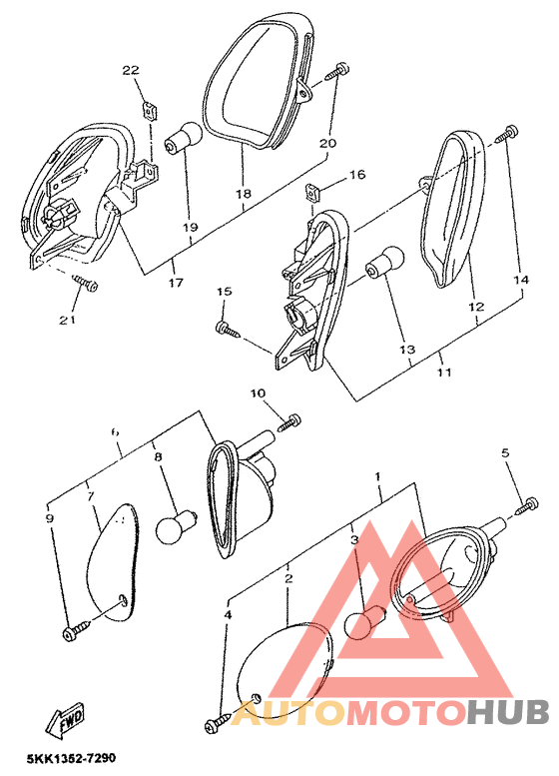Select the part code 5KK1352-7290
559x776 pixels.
pyautogui.click(x=71, y=758)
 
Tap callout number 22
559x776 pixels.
pyautogui.click(x=131, y=70)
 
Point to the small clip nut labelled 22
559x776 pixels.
pyautogui.click(x=149, y=111)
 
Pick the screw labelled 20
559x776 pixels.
pyautogui.click(x=335, y=71)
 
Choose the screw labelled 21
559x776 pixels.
pyautogui.click(x=85, y=283)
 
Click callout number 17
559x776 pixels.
pyautogui.click(x=176, y=283)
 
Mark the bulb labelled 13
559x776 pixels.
pyautogui.click(x=385, y=263)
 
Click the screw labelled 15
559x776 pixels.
pyautogui.click(x=228, y=330)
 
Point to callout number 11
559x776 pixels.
pyautogui.click(x=444, y=372)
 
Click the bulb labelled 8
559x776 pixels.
pyautogui.click(x=177, y=527)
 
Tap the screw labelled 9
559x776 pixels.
pyautogui.click(x=77, y=630)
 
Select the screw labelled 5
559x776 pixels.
pyautogui.click(x=527, y=506)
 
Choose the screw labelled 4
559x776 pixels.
pyautogui.click(x=218, y=721)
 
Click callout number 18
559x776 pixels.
pyautogui.click(x=244, y=194)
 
